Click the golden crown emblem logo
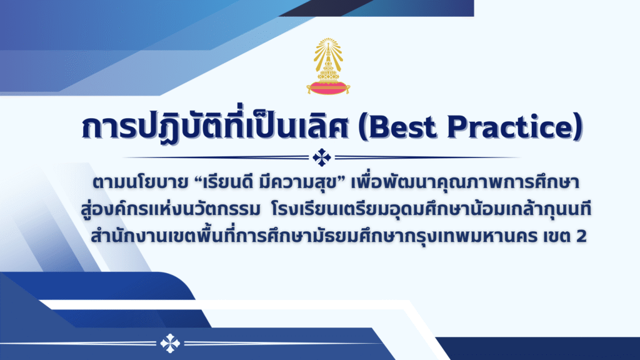[328, 66]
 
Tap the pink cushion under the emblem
[328, 87]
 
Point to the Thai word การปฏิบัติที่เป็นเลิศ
[215, 125]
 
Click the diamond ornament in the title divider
[322, 157]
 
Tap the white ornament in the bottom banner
[170, 343]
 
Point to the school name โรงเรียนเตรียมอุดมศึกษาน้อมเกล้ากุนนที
[431, 209]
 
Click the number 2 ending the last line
[582, 236]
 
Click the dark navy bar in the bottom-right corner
[539, 349]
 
